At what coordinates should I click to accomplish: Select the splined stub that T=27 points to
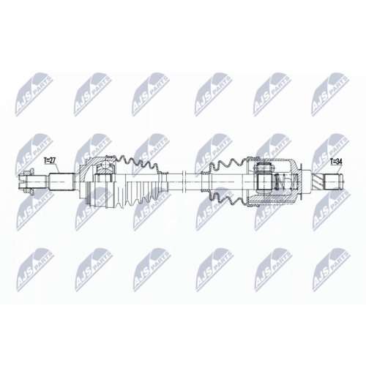coord(63,179)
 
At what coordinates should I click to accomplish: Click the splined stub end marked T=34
coord(332,179)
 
